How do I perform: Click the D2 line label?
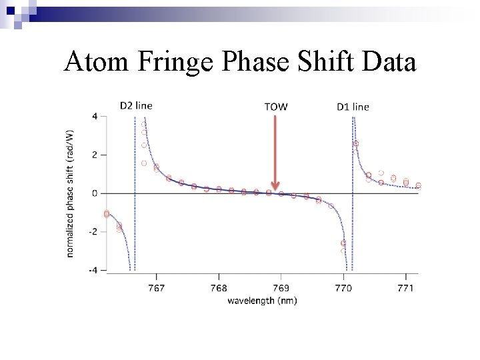pos(136,105)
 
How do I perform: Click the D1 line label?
pos(353,106)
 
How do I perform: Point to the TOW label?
pos(276,107)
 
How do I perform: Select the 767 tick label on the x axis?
pos(156,288)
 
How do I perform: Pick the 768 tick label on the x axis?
pos(218,288)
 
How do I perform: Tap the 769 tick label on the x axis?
pos(281,288)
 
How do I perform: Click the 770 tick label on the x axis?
pos(343,288)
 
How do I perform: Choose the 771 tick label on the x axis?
pos(405,288)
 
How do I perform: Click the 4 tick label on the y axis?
pos(95,117)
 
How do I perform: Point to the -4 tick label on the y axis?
pos(93,270)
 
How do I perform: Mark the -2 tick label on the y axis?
pos(93,232)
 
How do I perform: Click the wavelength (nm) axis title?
pos(262,301)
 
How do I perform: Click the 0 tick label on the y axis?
pos(95,193)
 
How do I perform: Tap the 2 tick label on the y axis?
pos(95,155)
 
